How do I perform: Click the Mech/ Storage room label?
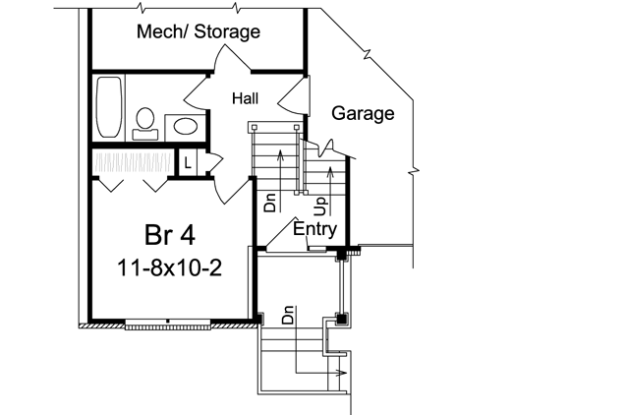(198, 31)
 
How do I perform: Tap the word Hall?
(246, 98)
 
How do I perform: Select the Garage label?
(362, 113)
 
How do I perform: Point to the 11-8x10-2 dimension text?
(166, 267)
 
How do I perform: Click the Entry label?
(314, 229)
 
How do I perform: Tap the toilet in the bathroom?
(146, 119)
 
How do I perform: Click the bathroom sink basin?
(183, 126)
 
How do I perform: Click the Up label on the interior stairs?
(319, 204)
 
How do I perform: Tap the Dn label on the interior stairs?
(269, 202)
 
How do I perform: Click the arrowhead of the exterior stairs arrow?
(341, 374)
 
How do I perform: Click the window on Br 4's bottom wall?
(168, 323)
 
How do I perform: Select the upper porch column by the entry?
(342, 255)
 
